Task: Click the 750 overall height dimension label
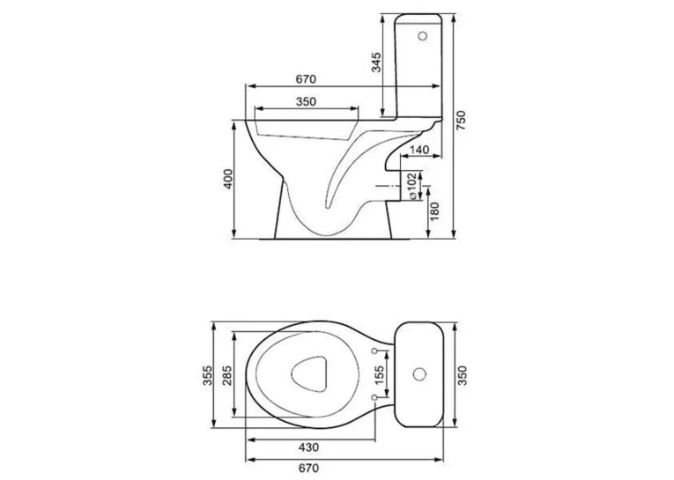[461, 121]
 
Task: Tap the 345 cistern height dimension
[376, 63]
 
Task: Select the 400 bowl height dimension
[228, 179]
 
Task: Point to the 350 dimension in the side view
[306, 102]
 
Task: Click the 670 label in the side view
[306, 79]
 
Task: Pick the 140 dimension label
[419, 150]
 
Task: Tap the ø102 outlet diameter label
[411, 186]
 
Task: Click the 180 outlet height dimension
[435, 211]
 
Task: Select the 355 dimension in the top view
[208, 375]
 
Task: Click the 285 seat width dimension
[227, 375]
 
